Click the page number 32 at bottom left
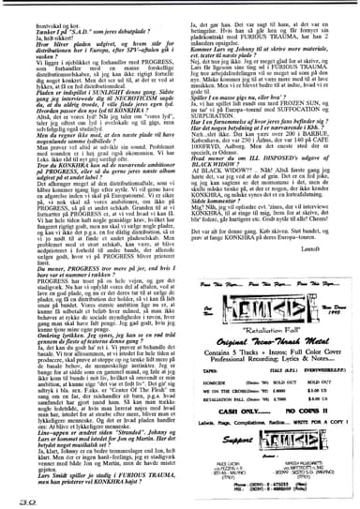(19, 500)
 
